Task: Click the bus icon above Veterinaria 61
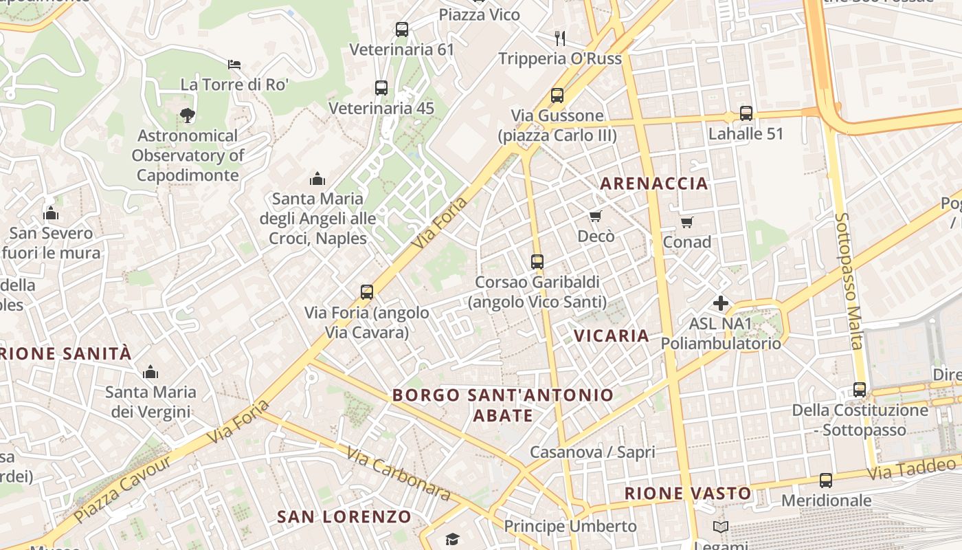[x=402, y=30]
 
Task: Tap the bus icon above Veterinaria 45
[x=381, y=88]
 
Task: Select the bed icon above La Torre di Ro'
[x=234, y=65]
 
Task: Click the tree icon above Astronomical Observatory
[x=187, y=115]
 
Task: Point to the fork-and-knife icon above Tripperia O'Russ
[x=560, y=38]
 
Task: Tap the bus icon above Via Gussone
[x=557, y=96]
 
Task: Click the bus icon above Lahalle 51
[x=746, y=113]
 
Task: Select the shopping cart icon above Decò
[x=596, y=217]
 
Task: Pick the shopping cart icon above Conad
[x=686, y=222]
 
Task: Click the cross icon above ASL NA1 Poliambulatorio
[x=721, y=302]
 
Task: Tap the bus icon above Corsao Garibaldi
[x=537, y=262]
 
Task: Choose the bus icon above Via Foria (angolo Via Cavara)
[x=367, y=292]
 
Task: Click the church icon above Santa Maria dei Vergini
[x=150, y=373]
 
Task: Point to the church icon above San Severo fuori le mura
[x=50, y=213]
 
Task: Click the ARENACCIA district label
[x=653, y=183]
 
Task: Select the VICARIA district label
[x=611, y=335]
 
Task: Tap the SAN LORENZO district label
[x=344, y=516]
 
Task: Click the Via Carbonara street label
[x=398, y=474]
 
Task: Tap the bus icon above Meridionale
[x=826, y=481]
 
